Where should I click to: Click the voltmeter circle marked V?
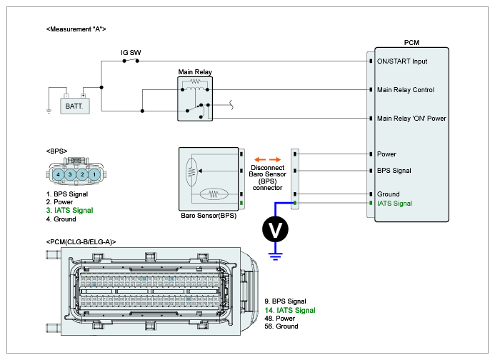(275, 229)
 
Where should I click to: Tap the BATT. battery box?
(75, 106)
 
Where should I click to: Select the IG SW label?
(131, 53)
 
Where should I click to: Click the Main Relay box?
(195, 99)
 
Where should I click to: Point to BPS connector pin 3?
(70, 174)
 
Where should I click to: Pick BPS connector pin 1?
(94, 174)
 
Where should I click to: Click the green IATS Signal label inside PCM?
(394, 204)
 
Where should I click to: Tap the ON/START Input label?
(402, 61)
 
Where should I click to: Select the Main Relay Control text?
(405, 90)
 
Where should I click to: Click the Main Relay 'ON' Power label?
(411, 119)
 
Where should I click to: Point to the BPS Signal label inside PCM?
(394, 171)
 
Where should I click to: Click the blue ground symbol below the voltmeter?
(275, 256)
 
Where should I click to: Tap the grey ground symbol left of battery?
(49, 111)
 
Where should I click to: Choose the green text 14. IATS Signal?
(290, 311)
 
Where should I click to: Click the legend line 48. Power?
(280, 319)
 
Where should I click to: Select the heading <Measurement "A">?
(76, 29)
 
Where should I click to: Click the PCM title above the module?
(411, 43)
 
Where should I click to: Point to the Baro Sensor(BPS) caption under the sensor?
(209, 216)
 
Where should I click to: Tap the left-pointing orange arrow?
(260, 159)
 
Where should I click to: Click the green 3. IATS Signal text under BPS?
(69, 210)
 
